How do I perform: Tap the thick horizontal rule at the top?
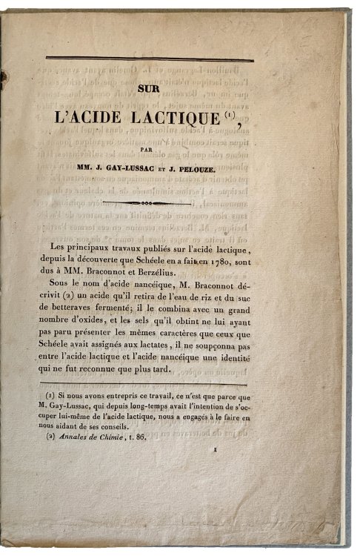point(150,59)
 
